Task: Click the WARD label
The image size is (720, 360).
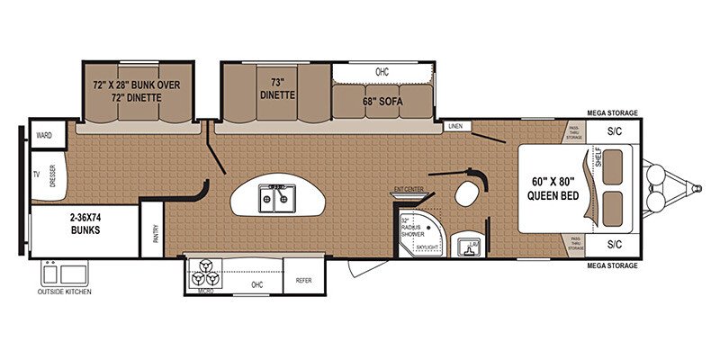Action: click(43, 136)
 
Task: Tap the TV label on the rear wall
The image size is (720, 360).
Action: click(37, 174)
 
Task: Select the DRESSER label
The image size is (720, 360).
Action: click(53, 173)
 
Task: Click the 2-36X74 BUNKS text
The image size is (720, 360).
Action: click(83, 223)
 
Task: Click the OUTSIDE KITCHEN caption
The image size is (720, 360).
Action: click(64, 292)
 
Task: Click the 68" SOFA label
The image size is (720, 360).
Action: click(382, 102)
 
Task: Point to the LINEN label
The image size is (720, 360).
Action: click(455, 127)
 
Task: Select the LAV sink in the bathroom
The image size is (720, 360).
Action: click(468, 246)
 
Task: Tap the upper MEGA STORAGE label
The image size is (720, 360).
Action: click(612, 113)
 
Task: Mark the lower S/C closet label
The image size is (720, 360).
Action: click(615, 244)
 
